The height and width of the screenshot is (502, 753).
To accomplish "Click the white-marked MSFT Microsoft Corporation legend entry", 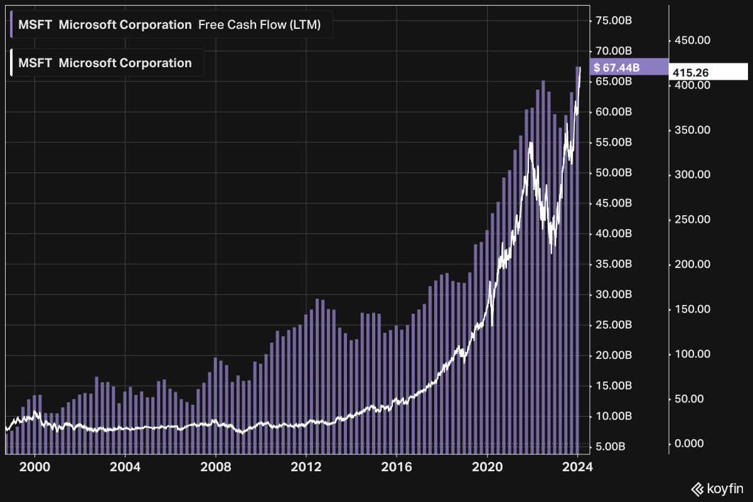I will click(x=105, y=63).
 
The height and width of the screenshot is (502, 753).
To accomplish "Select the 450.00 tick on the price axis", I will click(x=692, y=40).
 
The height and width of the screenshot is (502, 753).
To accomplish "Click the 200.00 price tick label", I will click(x=692, y=264).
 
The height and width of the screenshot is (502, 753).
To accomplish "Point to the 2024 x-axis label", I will click(x=578, y=467).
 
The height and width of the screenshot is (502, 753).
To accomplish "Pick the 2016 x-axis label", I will click(x=397, y=467).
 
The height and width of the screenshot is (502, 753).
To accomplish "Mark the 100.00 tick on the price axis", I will click(x=692, y=354).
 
